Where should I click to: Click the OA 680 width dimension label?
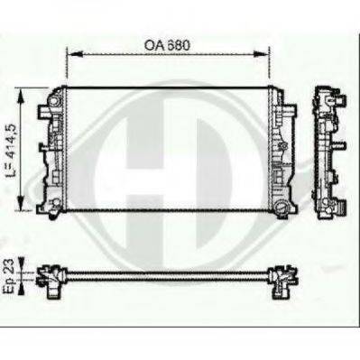coord(167,45)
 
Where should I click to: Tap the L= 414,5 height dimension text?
coord(12,150)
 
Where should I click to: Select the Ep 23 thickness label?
coord(8,276)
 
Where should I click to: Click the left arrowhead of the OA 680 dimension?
coord(74,54)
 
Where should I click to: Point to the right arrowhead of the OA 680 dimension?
coord(261,54)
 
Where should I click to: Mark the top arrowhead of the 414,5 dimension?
coord(21,97)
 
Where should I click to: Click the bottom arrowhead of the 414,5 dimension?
coord(21,202)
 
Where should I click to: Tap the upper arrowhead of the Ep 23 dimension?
coord(21,264)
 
